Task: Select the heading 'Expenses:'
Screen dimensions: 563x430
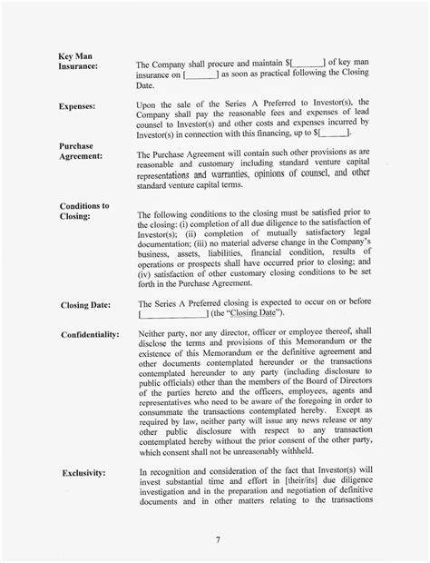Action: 78,105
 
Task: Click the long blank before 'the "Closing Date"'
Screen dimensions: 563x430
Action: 173,313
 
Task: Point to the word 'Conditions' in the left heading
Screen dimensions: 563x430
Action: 84,205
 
